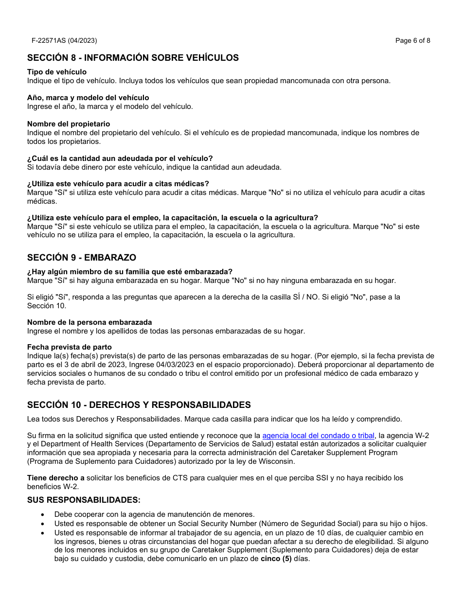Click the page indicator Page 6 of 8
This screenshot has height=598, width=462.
[412, 40]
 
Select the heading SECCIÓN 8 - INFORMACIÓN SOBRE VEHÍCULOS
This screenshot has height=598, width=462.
[133, 58]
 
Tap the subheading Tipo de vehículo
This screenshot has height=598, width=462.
[57, 72]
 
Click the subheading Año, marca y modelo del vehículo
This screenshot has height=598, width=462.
[88, 98]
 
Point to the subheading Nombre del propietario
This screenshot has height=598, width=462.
[69, 124]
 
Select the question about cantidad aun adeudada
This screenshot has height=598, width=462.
[120, 158]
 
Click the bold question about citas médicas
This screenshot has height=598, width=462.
[118, 184]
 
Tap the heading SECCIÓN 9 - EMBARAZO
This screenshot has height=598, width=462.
[81, 258]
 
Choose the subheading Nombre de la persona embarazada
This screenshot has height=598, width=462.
[89, 322]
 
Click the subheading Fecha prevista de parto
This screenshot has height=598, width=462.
[69, 347]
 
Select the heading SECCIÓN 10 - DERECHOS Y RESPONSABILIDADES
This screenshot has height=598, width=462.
[139, 405]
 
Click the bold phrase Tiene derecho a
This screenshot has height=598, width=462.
[55, 478]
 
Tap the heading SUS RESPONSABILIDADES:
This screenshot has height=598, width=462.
[84, 500]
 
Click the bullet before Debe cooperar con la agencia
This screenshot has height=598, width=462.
[43, 514]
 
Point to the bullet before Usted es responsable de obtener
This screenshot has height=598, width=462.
[43, 524]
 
